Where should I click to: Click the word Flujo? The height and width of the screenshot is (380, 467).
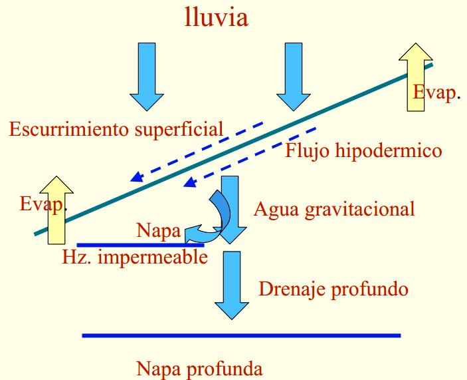[307, 150]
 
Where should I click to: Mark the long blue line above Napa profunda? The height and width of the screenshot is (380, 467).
[241, 335]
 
